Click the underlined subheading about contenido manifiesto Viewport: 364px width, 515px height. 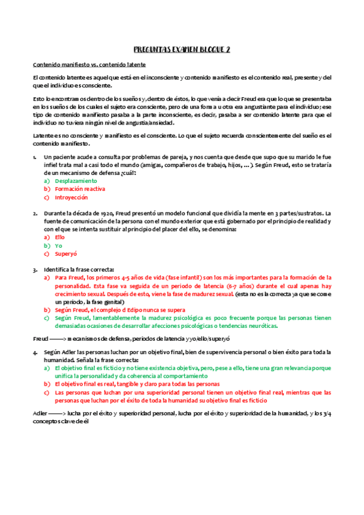[89, 64]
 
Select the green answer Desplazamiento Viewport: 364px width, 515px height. [76, 181]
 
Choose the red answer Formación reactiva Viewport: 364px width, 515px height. [80, 189]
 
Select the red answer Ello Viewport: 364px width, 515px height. [60, 237]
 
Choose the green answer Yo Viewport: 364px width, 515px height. [58, 245]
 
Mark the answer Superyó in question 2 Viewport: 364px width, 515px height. [63, 254]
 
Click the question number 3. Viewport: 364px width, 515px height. [35, 269]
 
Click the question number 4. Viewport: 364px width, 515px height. [35, 352]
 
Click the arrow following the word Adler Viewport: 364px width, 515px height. [57, 413]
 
